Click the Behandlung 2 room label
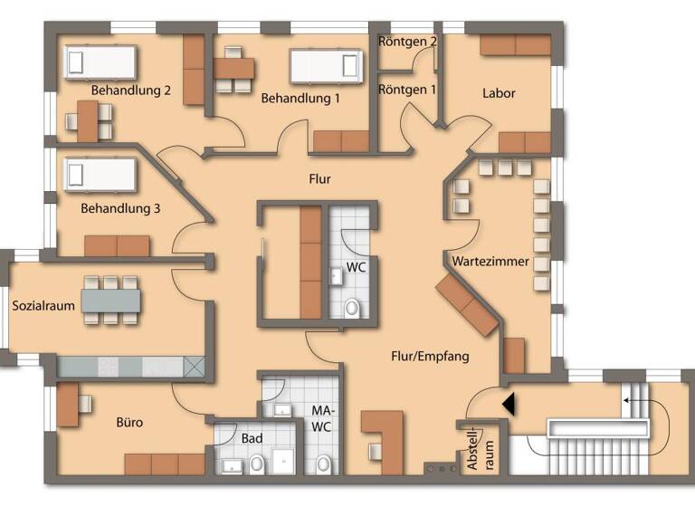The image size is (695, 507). pos(131,91)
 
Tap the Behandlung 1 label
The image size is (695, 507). pos(300,98)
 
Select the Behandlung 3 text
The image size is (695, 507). pos(120,208)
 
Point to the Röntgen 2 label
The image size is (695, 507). pos(408,42)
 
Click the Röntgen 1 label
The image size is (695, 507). pos(407,90)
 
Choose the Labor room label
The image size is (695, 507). pos(499,92)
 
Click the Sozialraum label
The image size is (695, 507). pos(43,305)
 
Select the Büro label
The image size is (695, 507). pos(129,422)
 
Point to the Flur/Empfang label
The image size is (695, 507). pos(430,356)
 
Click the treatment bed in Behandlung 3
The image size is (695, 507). pos(100,175)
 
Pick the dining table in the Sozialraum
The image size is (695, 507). pos(112,300)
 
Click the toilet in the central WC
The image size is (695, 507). pos(352,308)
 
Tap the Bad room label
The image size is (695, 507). pos(252,439)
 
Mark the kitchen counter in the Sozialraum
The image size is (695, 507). pos(131,366)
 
